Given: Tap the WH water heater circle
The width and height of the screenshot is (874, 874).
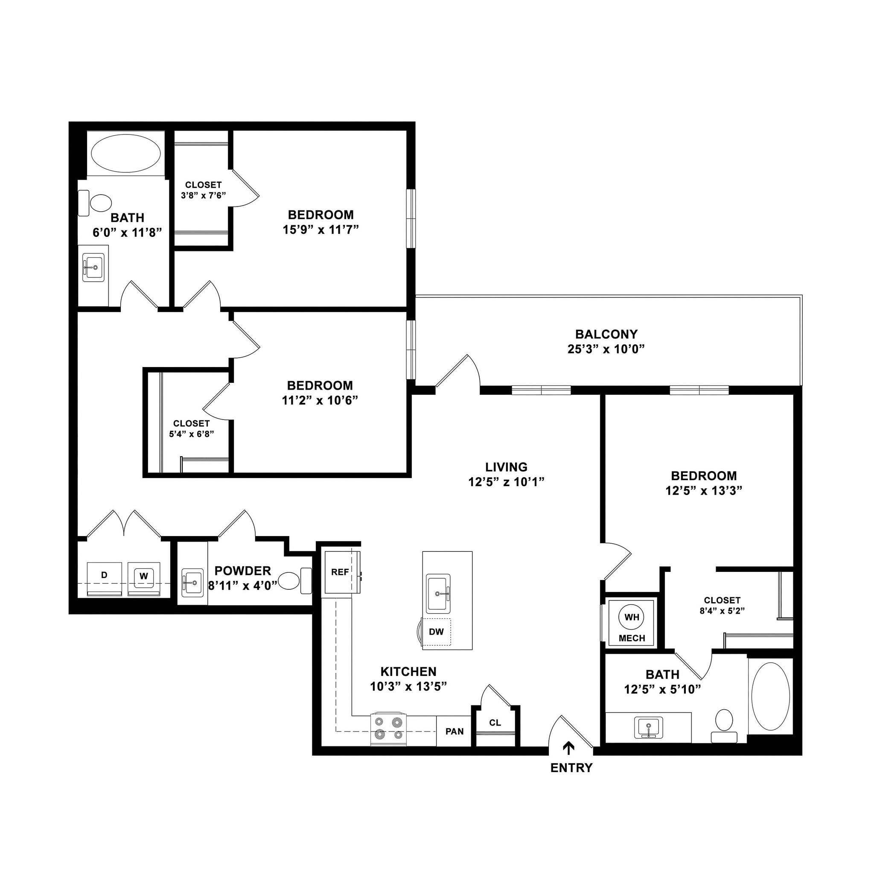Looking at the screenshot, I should pyautogui.click(x=632, y=617).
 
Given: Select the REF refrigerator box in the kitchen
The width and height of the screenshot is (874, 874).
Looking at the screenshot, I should pyautogui.click(x=340, y=572).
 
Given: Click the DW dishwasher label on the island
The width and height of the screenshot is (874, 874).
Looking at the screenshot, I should pyautogui.click(x=436, y=632).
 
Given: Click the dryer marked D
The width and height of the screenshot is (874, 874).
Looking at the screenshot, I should pyautogui.click(x=104, y=576).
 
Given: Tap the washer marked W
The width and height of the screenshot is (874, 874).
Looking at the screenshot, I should pyautogui.click(x=144, y=576).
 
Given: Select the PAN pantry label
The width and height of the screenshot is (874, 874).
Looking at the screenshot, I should pyautogui.click(x=454, y=731).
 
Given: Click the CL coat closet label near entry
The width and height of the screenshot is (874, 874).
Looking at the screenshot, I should pyautogui.click(x=495, y=723).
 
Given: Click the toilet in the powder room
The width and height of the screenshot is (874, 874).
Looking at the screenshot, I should pyautogui.click(x=289, y=581).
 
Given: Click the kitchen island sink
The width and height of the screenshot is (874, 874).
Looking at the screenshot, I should pyautogui.click(x=438, y=593).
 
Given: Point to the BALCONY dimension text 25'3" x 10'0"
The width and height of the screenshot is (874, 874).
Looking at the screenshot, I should pyautogui.click(x=606, y=349).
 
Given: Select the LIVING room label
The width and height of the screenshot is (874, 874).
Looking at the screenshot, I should pyautogui.click(x=506, y=467).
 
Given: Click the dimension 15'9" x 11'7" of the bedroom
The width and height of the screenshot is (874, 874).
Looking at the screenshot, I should pyautogui.click(x=320, y=230).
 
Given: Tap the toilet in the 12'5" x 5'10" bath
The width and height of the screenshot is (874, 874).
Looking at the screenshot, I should pyautogui.click(x=724, y=720).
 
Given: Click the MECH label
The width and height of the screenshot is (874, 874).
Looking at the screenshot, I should pyautogui.click(x=632, y=638).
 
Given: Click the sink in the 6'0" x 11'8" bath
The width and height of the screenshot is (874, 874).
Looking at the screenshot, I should pyautogui.click(x=93, y=267).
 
